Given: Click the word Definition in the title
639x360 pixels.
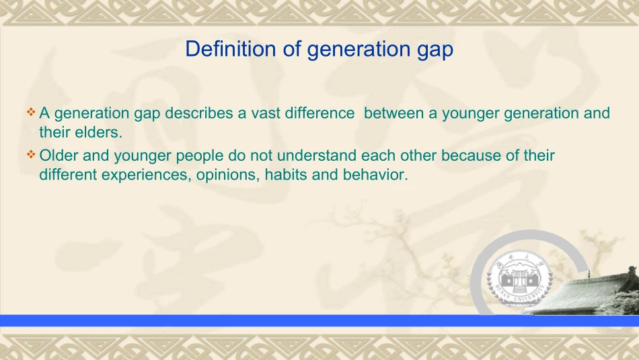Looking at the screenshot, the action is pos(231,48).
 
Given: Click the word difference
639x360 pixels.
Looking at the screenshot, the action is pos(320,113).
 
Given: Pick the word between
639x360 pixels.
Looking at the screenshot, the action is pos(393,113).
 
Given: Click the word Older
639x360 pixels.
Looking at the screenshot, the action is pos(59,155).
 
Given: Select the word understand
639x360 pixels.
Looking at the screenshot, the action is pos(317,155).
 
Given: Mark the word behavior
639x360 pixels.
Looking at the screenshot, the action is pos(375,174).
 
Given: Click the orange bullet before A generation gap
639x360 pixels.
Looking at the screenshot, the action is pos(31,112).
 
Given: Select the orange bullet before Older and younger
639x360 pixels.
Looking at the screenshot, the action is pos(31,154).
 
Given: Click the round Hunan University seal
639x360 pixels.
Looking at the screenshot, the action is pos(519,277).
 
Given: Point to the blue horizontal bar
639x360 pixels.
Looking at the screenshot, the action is pos(319,320).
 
